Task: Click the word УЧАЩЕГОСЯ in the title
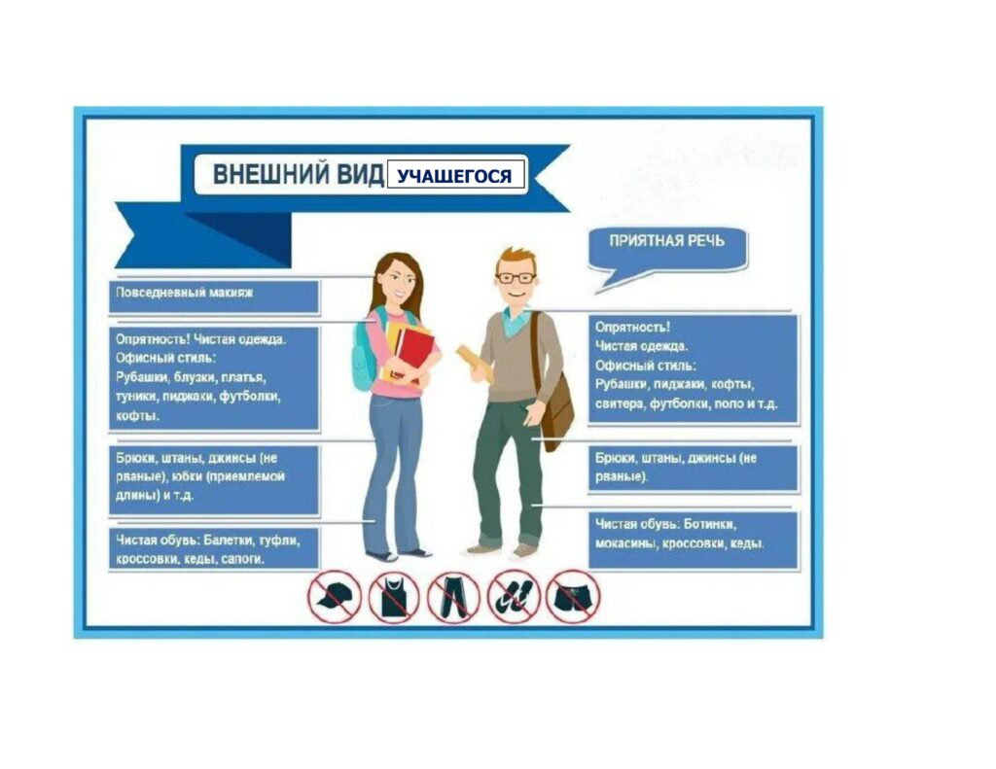(454, 176)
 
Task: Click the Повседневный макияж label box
(214, 297)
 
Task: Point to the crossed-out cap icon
(335, 597)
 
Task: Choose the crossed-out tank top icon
(394, 597)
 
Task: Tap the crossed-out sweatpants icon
(453, 597)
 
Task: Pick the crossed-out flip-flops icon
(514, 597)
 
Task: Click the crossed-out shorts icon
(572, 597)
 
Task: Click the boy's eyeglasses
(516, 278)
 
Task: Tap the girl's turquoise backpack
(366, 353)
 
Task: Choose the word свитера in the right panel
(620, 403)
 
